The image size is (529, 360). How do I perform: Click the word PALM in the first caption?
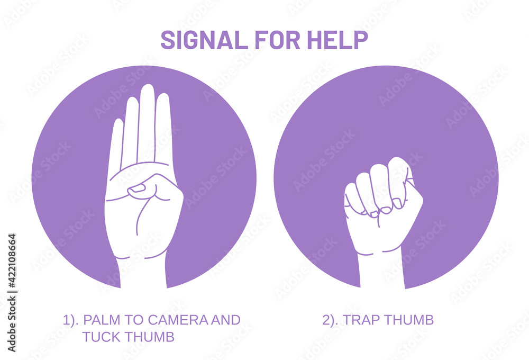99,320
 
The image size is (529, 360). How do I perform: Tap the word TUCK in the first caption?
99,337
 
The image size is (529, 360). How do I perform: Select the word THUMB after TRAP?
409,320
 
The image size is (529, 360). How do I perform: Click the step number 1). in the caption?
71,320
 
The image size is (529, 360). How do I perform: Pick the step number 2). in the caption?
331,320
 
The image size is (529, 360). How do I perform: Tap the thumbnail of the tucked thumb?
137,188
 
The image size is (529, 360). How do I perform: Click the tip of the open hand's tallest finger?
147,88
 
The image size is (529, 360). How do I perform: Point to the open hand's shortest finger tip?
117,123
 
